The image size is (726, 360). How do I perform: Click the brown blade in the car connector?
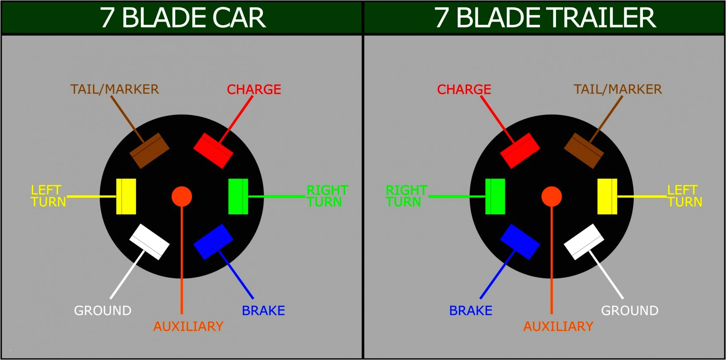149,151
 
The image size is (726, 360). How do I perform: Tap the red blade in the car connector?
213,151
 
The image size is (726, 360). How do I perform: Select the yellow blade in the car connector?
126,197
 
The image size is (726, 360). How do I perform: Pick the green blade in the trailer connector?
495,197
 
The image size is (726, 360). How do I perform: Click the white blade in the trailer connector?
584,242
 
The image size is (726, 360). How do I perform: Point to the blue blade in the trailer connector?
520,242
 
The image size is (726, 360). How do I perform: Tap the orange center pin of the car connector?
182,197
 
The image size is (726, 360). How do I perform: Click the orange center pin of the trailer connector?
551,197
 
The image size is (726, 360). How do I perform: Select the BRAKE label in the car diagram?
264,311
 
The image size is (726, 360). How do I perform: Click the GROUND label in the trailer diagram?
630,311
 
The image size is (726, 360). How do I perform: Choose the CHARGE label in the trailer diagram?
464,89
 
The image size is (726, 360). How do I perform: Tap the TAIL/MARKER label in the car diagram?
115,89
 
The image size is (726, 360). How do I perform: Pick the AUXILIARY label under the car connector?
188,326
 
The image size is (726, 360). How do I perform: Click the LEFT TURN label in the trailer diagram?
685,196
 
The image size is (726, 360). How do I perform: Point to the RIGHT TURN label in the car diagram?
327,196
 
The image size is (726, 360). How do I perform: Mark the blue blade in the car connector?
213,242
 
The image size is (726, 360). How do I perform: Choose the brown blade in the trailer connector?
584,151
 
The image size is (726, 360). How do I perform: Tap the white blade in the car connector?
149,242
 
